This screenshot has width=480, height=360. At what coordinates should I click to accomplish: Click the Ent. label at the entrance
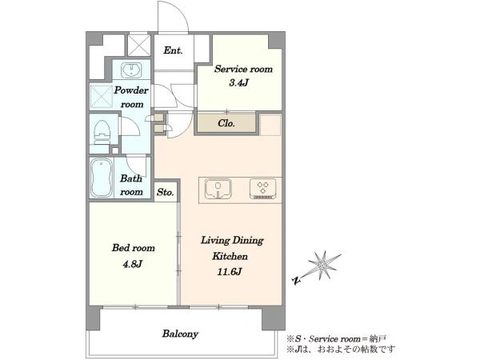(x=173, y=50)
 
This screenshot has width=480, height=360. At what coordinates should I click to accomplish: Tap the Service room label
(x=243, y=69)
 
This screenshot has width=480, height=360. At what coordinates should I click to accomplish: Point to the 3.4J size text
(x=238, y=82)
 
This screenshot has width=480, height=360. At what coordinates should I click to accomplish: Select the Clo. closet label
(x=226, y=123)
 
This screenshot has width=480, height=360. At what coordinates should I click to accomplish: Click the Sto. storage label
(x=166, y=192)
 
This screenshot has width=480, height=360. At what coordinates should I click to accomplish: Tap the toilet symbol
(x=102, y=132)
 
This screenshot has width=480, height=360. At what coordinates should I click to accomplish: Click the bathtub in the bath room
(x=102, y=178)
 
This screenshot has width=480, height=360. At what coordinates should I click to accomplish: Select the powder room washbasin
(x=131, y=70)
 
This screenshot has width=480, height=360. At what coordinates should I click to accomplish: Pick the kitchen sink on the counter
(x=218, y=188)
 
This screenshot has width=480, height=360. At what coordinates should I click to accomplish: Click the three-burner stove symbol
(x=263, y=189)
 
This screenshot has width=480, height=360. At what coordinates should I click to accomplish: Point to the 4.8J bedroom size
(x=133, y=264)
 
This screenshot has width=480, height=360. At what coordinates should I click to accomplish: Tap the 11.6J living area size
(x=230, y=271)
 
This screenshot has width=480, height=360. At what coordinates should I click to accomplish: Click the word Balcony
(x=180, y=334)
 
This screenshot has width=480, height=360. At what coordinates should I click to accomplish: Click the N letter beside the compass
(x=296, y=280)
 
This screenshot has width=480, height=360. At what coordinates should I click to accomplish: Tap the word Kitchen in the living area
(x=230, y=256)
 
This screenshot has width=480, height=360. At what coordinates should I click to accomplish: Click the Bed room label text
(x=133, y=248)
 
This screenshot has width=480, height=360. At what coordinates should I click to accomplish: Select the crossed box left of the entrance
(x=139, y=46)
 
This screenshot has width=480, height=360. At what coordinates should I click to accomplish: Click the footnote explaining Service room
(x=336, y=339)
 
